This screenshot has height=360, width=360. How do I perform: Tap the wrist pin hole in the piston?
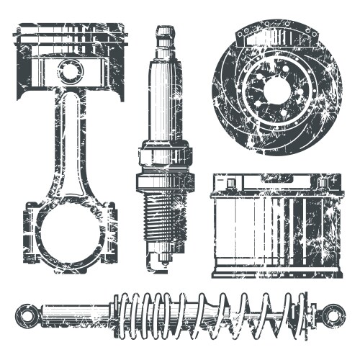pyautogui.click(x=71, y=71)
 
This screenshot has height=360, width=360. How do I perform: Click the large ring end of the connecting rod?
pyautogui.click(x=71, y=238)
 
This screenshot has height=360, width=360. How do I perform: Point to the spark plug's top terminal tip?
pyautogui.click(x=166, y=31)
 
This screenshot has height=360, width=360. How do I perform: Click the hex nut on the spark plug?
pyautogui.click(x=166, y=156)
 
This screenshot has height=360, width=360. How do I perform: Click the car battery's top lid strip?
pyautogui.click(x=276, y=193)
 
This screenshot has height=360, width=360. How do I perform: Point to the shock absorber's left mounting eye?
pyautogui.click(x=27, y=315)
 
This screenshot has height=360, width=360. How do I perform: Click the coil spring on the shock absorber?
pyautogui.click(x=216, y=315)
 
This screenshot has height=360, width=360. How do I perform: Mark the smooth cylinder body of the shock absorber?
pyautogui.click(x=79, y=315)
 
